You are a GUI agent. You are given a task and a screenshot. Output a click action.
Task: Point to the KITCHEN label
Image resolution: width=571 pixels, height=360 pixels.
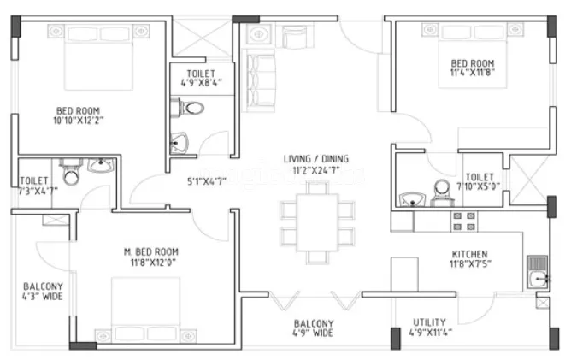pos(469,254)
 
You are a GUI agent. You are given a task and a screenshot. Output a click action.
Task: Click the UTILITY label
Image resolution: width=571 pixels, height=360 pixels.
pos(429,322)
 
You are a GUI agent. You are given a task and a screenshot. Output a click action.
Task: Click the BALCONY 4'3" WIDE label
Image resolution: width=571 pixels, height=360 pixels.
pos(40,291)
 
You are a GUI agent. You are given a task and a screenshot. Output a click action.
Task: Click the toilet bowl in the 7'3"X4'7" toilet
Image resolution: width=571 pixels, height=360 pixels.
pos(72,177)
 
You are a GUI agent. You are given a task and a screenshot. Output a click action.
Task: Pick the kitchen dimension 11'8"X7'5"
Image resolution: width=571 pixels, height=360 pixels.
pos(469,264)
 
